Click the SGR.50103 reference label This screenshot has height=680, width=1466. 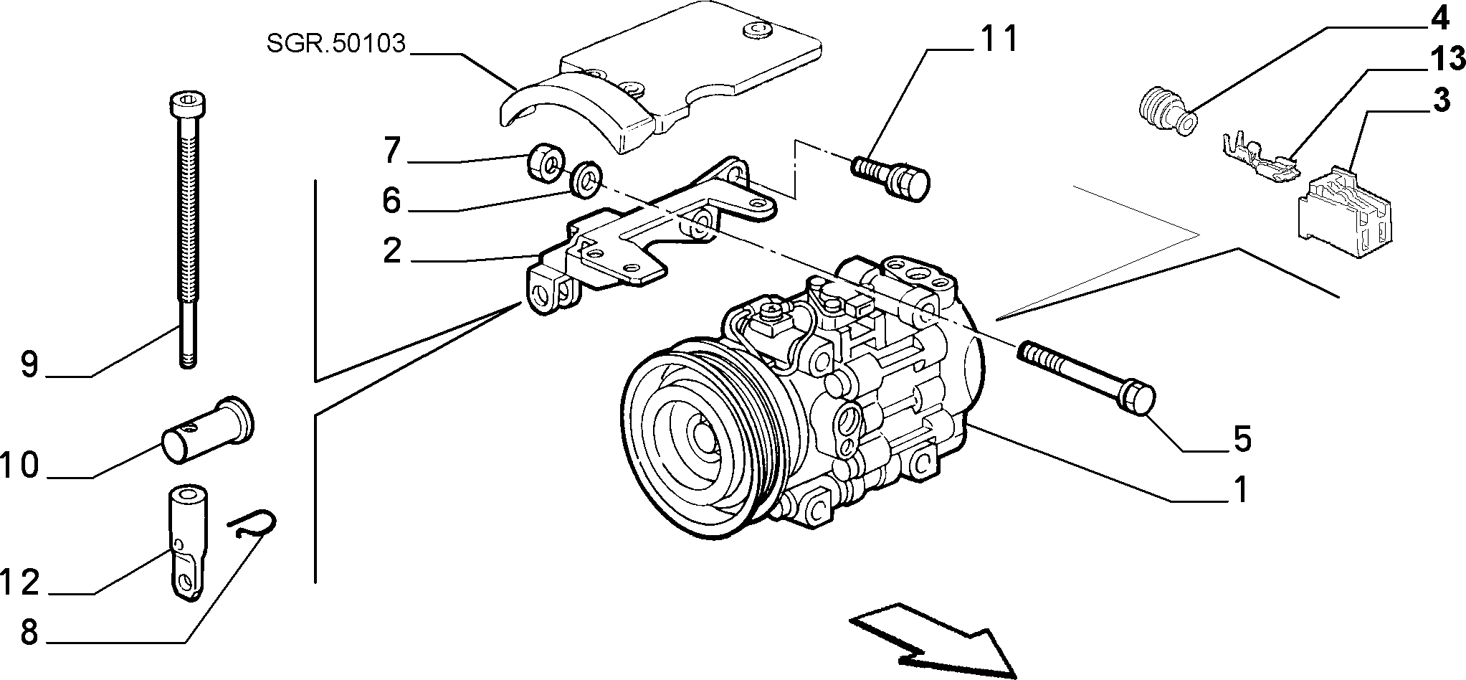pos(335,44)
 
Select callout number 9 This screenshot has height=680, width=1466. pos(29,364)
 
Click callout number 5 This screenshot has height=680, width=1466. pos(1242,438)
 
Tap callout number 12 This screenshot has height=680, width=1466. pos(19,582)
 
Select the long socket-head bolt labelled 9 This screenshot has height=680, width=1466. pos(185,230)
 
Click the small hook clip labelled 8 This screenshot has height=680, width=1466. pos(253,526)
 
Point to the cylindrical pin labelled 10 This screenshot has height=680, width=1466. pos(209,430)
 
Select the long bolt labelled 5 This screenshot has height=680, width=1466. pos(1085,376)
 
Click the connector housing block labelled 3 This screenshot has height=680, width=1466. pos(1344,212)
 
